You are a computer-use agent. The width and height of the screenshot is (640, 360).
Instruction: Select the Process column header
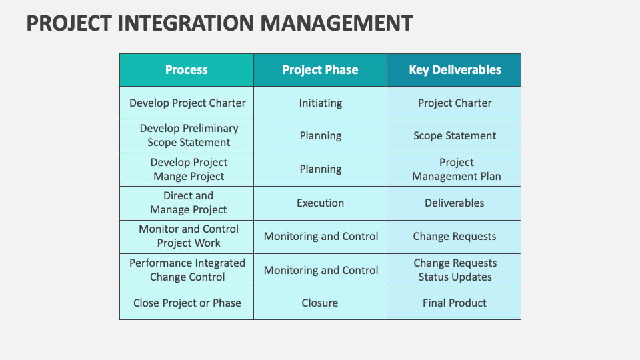coord(187,70)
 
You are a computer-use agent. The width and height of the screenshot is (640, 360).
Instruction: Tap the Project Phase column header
coord(320,70)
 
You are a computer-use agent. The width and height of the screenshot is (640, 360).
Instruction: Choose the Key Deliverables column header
coord(455,70)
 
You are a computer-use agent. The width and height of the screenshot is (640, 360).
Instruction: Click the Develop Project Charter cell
coord(187,103)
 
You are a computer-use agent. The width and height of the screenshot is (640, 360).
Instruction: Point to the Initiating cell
coord(321,103)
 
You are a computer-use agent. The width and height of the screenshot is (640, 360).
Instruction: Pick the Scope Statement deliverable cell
coord(455,135)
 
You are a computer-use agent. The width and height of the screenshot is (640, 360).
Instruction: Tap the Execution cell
coord(321,203)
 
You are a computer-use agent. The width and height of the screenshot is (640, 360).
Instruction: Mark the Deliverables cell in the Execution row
coord(455,203)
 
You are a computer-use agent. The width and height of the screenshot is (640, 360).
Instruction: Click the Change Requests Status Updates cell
coord(455,270)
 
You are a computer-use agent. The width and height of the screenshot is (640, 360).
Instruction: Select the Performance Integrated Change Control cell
coord(187,270)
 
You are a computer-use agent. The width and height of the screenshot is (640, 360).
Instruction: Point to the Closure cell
coord(320,303)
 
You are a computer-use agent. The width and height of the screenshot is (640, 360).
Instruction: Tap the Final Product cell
coord(455,303)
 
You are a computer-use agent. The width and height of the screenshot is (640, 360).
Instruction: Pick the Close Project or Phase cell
coord(187,303)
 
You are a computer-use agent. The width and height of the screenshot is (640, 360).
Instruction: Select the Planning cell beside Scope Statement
coord(321,135)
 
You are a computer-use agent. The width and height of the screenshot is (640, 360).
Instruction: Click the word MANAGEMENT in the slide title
coord(336,23)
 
